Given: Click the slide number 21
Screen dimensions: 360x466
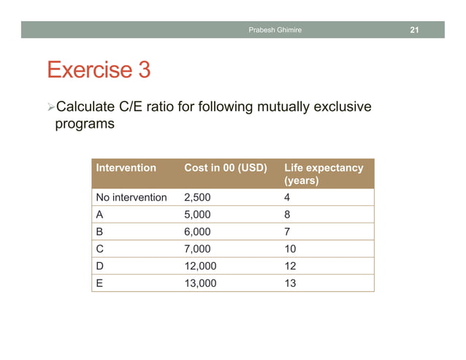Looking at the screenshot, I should coord(414,30).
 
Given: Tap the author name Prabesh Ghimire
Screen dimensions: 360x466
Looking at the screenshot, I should coord(275,30).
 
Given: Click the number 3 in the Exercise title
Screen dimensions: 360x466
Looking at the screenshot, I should coord(143,71).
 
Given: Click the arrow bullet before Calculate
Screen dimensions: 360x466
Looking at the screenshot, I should coord(50,108).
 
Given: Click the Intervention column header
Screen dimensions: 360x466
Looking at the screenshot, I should coord(126,168).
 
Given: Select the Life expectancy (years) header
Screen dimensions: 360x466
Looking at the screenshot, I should coord(323,174).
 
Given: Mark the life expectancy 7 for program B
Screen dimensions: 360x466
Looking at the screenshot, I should coord(288,231).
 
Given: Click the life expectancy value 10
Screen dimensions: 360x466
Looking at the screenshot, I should coord(290,249).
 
